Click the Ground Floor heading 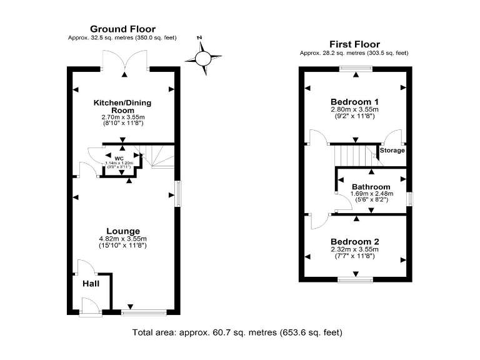pos(122,29)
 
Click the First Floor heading pos(354,44)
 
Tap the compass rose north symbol pos(204,59)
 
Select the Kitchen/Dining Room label pos(122,106)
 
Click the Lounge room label pos(122,231)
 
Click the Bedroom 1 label pos(355,101)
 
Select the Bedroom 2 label pos(355,242)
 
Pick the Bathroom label pos(371,186)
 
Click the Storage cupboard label pos(392,151)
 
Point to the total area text pos(237,332)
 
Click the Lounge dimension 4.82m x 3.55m pos(123,239)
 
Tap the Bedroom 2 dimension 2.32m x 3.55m pos(355,250)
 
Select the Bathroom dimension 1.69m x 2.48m pos(371,194)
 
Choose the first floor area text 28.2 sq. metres pos(354,53)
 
